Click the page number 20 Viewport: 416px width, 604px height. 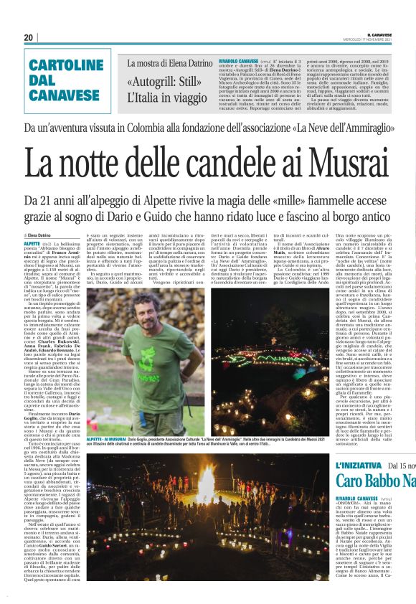coord(29,37)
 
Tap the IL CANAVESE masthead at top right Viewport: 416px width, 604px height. coord(388,34)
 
